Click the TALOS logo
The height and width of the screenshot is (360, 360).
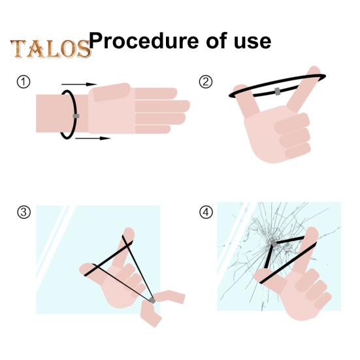tap(50, 48)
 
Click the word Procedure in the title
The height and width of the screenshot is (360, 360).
tap(144, 41)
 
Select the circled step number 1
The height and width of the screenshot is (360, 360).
tap(24, 82)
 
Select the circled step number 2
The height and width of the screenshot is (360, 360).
tap(206, 82)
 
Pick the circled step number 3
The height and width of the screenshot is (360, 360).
tap(24, 212)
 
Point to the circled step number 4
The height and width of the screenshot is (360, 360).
tap(206, 212)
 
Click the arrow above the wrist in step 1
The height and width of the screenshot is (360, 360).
tap(79, 84)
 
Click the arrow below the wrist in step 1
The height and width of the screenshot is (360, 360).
tap(93, 139)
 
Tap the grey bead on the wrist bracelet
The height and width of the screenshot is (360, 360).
tap(76, 116)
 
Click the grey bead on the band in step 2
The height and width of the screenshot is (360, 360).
tap(277, 91)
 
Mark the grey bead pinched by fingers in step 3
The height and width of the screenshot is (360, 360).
tap(152, 300)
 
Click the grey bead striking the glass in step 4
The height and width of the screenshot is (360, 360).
tap(274, 243)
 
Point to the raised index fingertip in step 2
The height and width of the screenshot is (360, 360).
tap(314, 71)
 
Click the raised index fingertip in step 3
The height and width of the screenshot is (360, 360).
tap(129, 233)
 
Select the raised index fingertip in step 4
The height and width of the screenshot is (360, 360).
tap(312, 232)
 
